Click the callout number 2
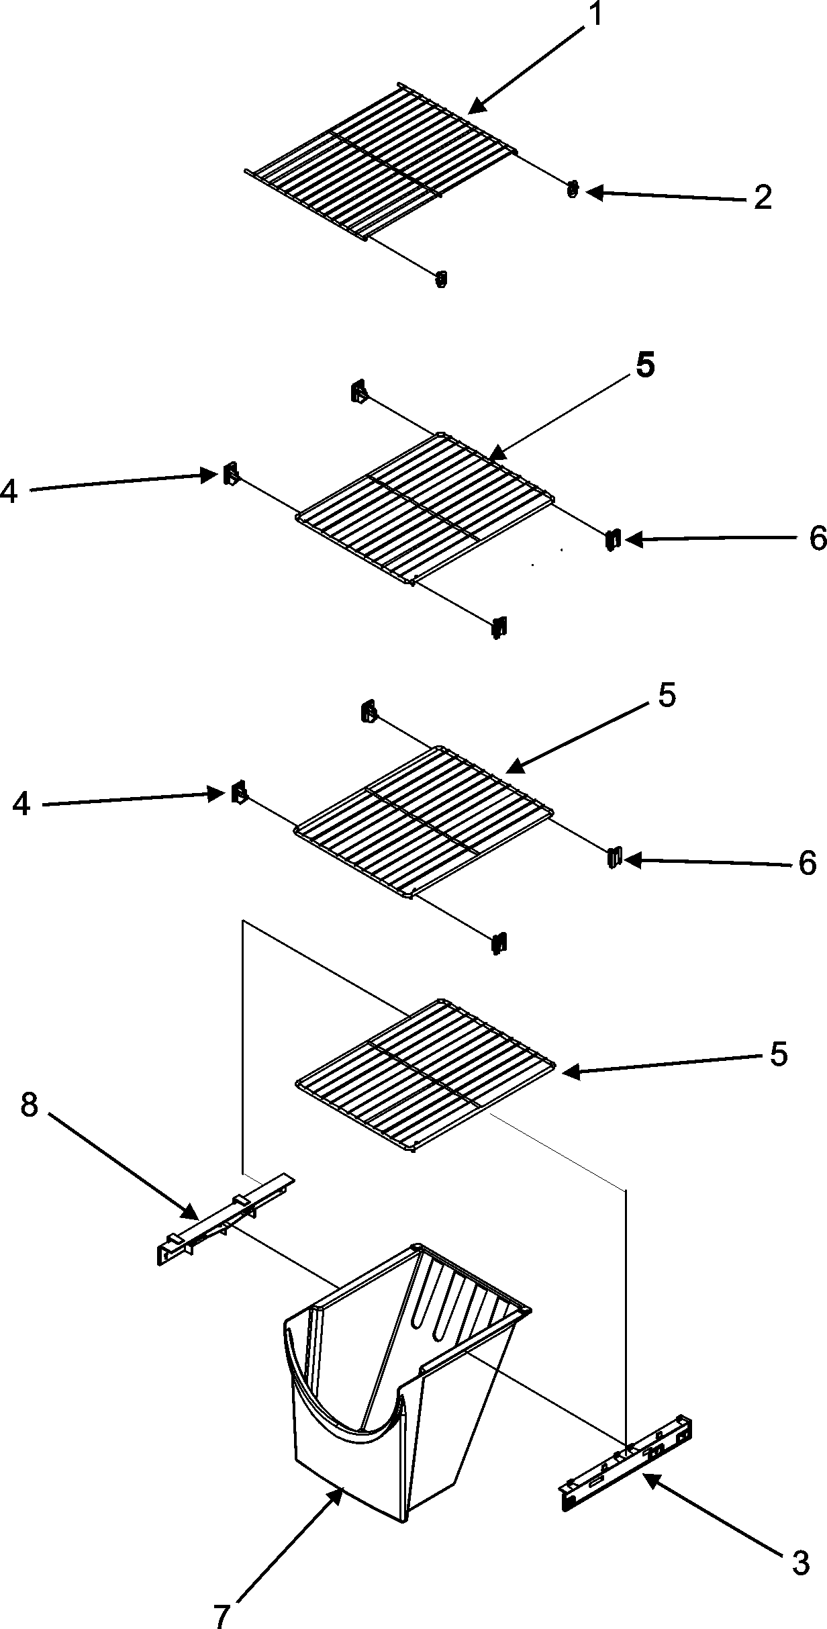pyautogui.click(x=762, y=198)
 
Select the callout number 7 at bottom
pyautogui.click(x=222, y=1612)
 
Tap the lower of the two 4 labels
pyautogui.click(x=22, y=804)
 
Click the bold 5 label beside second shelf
pyautogui.click(x=645, y=367)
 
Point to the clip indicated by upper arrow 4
pyautogui.click(x=230, y=475)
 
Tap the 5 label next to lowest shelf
pyautogui.click(x=778, y=1055)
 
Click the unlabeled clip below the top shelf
pyautogui.click(x=441, y=279)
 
